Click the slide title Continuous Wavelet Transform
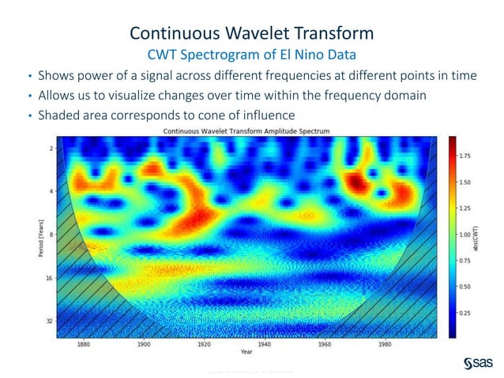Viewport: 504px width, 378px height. (251, 33)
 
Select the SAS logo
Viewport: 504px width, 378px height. (477, 362)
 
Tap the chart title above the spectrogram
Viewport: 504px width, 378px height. (246, 130)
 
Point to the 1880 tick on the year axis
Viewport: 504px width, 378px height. (83, 345)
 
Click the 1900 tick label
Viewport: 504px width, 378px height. (144, 345)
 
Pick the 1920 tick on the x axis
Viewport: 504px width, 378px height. (204, 345)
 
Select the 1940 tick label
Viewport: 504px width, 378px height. (265, 345)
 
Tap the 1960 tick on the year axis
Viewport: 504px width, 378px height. (325, 345)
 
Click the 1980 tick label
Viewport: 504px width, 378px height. (386, 345)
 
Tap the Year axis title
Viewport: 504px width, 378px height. (246, 353)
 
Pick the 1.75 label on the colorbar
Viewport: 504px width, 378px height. (465, 156)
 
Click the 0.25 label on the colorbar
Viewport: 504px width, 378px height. (465, 313)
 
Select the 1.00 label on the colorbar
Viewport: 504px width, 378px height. (465, 235)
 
